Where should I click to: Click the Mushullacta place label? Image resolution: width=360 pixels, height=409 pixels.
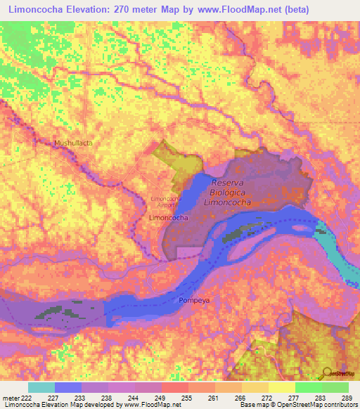74,143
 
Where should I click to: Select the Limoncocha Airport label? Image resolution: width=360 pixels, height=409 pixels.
166,201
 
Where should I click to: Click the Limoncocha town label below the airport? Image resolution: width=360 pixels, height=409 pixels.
168,219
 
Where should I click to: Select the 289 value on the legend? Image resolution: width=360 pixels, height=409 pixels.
345,397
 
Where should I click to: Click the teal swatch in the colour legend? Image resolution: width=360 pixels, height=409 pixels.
41,387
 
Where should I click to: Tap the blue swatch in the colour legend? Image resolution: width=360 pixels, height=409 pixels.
67,387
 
